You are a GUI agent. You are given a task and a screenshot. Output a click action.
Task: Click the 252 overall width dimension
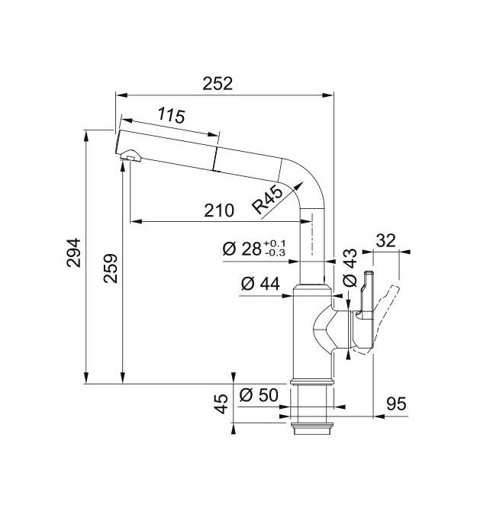[218, 84]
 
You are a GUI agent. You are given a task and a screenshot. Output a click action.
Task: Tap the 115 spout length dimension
[172, 115]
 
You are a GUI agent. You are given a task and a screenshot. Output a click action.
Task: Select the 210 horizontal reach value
[219, 211]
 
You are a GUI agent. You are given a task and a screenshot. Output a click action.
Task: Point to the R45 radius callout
[268, 199]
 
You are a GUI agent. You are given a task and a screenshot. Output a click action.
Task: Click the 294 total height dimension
[74, 253]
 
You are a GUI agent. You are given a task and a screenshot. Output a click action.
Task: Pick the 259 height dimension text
[111, 268]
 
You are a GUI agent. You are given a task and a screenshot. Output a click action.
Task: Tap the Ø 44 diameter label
[260, 284]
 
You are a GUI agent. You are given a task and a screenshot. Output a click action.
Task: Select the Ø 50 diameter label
[259, 395]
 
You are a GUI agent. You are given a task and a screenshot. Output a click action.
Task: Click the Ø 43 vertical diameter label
[350, 268]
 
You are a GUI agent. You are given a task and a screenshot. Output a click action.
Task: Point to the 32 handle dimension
[385, 241]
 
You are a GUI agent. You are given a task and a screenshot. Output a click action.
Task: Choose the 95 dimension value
[396, 404]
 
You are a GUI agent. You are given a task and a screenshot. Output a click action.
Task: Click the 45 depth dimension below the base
[221, 403]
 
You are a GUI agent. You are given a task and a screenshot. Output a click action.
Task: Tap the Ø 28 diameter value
[242, 249]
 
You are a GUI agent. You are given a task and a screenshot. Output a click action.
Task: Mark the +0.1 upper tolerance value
[274, 243]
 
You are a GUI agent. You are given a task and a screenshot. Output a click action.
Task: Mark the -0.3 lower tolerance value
[275, 252]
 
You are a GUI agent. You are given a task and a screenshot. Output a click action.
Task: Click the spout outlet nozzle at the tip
[131, 156]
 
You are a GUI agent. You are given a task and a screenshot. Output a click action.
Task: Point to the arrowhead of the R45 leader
[298, 187]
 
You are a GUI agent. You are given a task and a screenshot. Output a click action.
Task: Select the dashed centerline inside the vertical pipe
[312, 234]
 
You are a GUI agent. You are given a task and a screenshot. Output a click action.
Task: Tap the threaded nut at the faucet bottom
[311, 429]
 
